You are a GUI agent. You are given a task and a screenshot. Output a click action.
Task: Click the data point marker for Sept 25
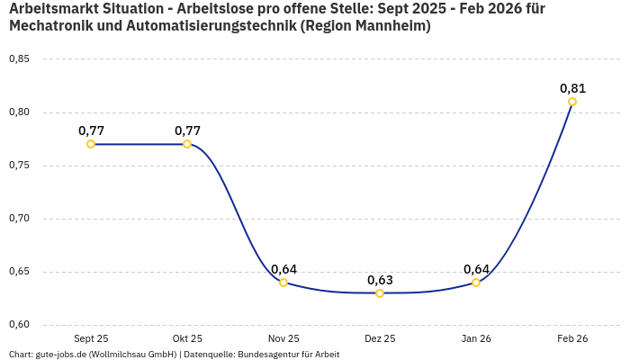[91, 144]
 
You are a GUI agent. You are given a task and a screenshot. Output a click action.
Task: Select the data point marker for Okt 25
[187, 144]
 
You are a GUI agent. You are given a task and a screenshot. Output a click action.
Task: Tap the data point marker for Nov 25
[283, 283]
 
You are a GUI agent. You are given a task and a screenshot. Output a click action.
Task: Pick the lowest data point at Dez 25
[380, 293]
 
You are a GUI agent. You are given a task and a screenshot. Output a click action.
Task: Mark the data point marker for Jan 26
[476, 283]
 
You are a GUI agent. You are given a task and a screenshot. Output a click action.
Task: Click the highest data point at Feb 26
[572, 102]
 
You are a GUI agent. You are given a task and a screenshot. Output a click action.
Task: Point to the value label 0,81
[572, 88]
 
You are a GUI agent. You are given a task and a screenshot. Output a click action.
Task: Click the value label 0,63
[380, 280]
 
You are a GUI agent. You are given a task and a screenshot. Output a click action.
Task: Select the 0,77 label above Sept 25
[91, 130]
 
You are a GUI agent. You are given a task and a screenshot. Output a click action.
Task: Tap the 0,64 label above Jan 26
[476, 269]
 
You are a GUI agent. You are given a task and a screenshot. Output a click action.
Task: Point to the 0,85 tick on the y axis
[19, 59]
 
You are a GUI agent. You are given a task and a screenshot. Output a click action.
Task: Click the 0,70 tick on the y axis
[19, 219]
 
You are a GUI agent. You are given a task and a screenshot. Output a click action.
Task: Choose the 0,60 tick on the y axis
[19, 325]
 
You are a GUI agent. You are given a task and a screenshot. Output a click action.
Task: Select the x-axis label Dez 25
[380, 338]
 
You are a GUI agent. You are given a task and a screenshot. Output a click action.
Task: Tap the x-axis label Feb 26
[572, 338]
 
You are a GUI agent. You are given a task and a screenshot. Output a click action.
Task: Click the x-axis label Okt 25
[187, 338]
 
